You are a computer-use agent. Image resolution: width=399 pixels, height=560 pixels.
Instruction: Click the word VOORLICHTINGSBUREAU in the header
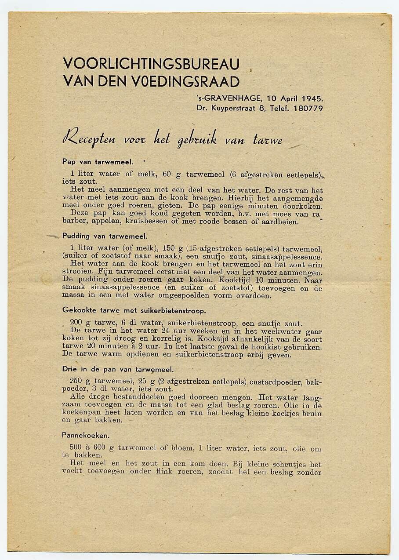pyautogui.click(x=151, y=64)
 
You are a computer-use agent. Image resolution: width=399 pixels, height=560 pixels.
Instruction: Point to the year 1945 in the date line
pyautogui.click(x=312, y=98)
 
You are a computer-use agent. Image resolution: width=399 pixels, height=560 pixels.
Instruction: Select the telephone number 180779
pyautogui.click(x=307, y=108)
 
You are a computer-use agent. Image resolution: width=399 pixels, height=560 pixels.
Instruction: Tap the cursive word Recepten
pyautogui.click(x=89, y=139)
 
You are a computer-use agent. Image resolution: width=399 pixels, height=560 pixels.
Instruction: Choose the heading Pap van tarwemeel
pyautogui.click(x=98, y=161)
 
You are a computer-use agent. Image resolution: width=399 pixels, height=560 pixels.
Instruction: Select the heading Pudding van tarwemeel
pyautogui.click(x=105, y=236)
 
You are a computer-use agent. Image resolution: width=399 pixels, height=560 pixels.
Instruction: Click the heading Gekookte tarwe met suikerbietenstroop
pyautogui.click(x=134, y=310)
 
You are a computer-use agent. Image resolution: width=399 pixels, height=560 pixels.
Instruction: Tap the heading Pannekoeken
pyautogui.click(x=86, y=435)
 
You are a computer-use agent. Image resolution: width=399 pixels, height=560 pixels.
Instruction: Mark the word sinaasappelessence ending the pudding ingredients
pyautogui.click(x=286, y=257)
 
